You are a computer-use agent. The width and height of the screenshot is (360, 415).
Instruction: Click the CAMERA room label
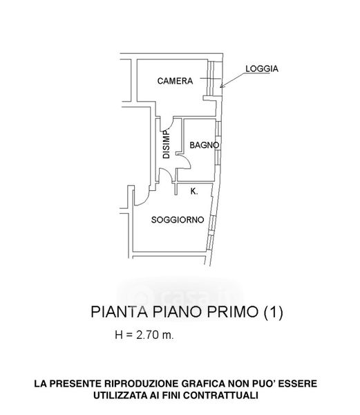175,81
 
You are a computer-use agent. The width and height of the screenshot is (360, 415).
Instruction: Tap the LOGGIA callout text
262,68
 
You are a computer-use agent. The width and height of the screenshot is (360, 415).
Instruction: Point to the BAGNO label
205,145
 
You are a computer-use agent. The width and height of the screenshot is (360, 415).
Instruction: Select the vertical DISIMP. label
167,144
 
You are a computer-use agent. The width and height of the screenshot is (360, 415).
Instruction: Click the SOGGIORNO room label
178,220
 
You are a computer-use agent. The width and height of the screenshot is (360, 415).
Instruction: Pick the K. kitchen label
194,192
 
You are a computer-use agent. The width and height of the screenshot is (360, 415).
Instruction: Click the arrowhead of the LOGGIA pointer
222,86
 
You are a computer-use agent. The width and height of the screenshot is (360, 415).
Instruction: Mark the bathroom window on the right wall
218,143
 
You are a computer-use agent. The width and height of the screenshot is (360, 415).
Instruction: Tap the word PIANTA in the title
119,312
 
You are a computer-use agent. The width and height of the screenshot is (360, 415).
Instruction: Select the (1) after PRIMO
274,312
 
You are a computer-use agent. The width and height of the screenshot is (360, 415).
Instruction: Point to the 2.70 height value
147,335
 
